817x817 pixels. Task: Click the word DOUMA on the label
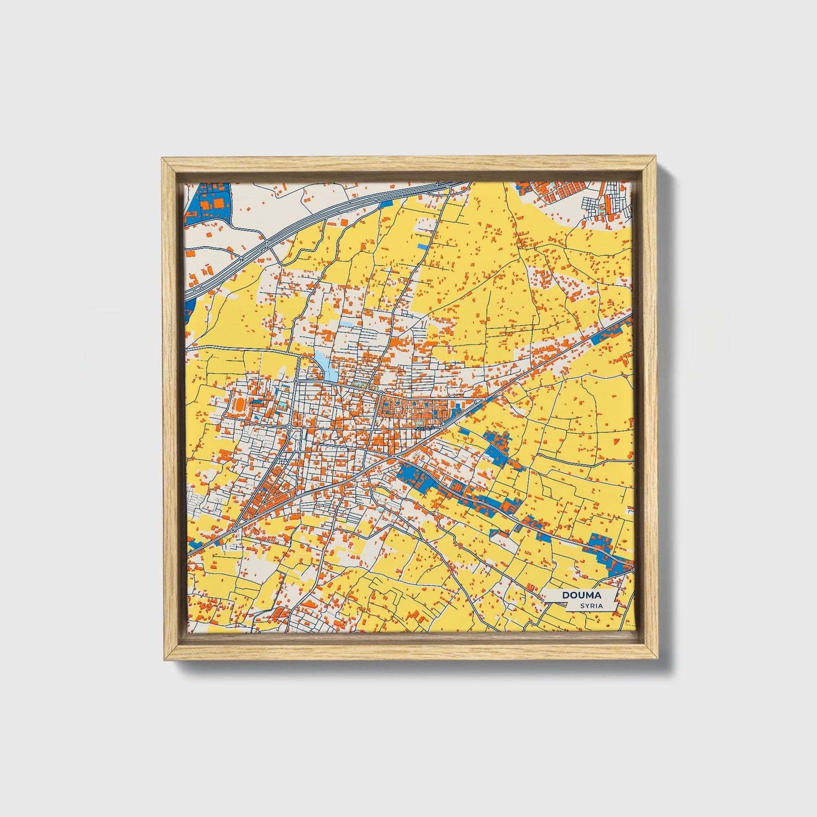coord(581,595)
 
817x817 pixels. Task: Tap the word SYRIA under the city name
coord(591,606)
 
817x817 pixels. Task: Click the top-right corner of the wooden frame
coord(657,160)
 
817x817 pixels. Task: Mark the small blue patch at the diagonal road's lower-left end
coord(196,545)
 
